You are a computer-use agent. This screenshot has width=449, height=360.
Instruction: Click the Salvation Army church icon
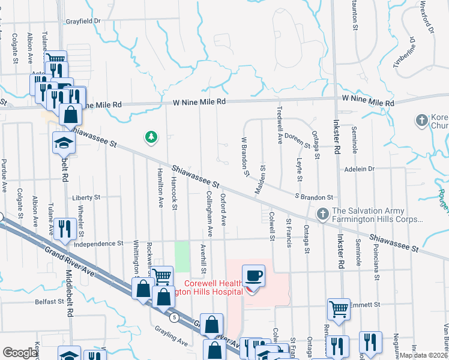pyautogui.click(x=322, y=213)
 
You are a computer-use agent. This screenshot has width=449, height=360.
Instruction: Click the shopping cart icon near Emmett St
pyautogui.click(x=339, y=310)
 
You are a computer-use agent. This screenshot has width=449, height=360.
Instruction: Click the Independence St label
pyautogui.click(x=98, y=244)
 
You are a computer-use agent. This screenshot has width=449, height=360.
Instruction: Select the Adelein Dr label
pyautogui.click(x=358, y=169)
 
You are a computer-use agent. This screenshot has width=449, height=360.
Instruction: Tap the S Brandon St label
pyautogui.click(x=313, y=197)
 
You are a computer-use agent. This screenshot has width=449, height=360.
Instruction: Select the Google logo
pyautogui.click(x=20, y=353)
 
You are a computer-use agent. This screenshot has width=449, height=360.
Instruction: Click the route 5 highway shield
pyautogui.click(x=173, y=317)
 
